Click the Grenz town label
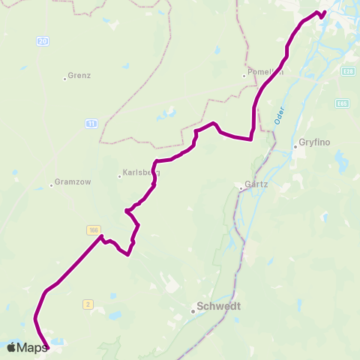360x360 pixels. [79, 76]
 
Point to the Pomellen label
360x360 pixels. [264, 73]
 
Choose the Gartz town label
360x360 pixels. [255, 184]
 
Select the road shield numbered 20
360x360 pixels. [43, 40]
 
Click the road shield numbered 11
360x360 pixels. [91, 123]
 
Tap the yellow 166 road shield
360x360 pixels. [93, 229]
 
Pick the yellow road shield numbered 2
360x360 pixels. [88, 303]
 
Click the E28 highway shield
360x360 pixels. [346, 71]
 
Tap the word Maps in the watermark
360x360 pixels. [33, 347]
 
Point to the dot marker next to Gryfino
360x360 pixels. [295, 147]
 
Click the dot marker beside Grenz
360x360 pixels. [64, 76]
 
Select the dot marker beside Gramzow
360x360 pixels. [51, 184]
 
